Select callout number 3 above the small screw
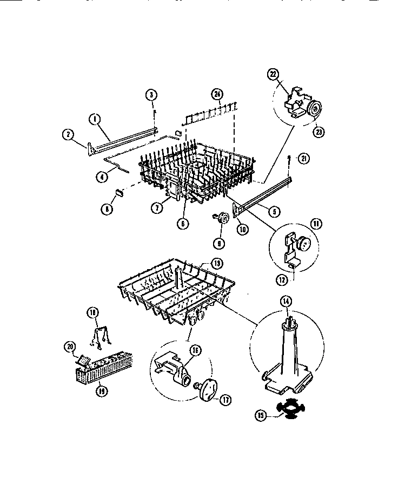pos(152,95)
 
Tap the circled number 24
pos(217,95)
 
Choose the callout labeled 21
pos(304,158)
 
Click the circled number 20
pos(69,347)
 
